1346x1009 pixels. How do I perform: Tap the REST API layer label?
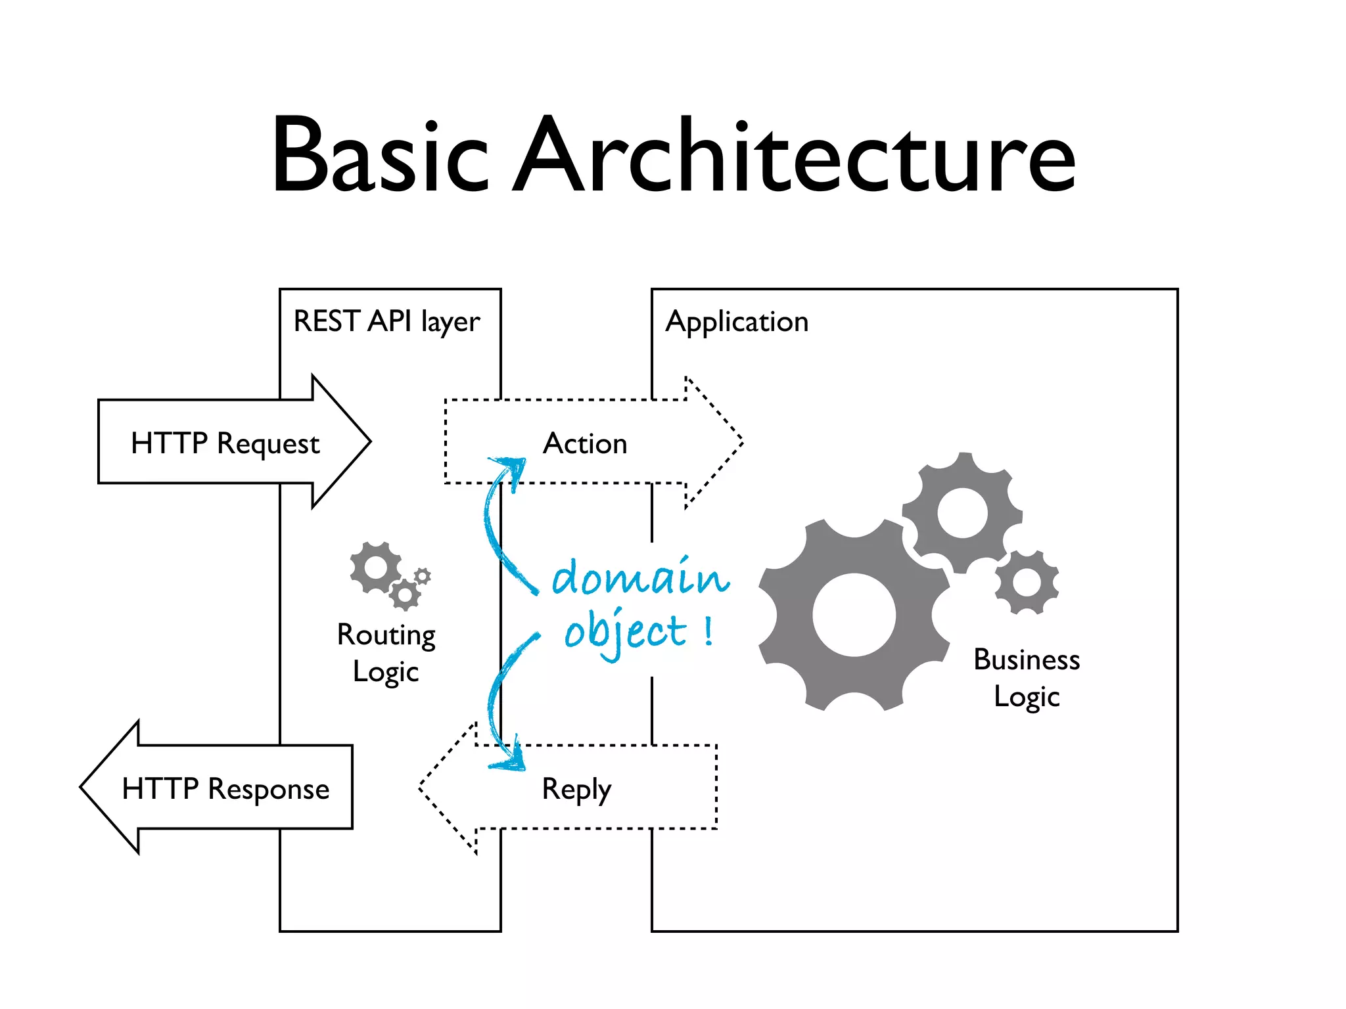386,322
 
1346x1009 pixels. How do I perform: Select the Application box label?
737,322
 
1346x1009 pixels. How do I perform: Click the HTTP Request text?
225,443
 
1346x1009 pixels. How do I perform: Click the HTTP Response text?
225,788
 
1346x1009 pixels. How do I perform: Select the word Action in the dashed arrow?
585,443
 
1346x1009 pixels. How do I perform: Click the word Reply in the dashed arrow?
576,788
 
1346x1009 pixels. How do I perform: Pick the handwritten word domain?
639,577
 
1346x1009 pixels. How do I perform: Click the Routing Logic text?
386,653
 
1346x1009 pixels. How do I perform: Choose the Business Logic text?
1026,677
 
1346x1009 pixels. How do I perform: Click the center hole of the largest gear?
854,615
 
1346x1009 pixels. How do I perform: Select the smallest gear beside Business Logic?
1027,583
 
